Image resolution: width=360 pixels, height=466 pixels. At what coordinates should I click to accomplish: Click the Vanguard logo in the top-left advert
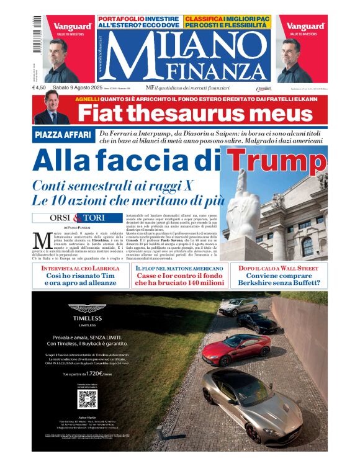pyautogui.click(x=72, y=26)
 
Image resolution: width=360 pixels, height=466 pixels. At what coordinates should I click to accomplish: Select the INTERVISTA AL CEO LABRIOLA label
pyautogui.click(x=81, y=268)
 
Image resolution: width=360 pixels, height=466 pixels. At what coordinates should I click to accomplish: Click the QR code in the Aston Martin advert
pyautogui.click(x=87, y=398)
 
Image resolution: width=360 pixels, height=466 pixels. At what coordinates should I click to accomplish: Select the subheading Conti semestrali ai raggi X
pyautogui.click(x=114, y=186)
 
